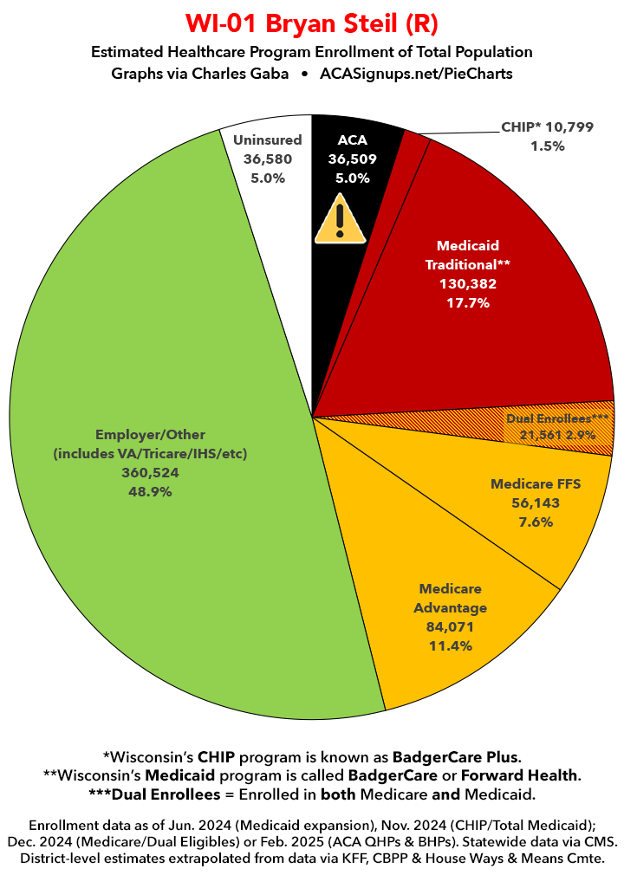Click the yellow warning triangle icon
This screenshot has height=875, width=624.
[341, 221]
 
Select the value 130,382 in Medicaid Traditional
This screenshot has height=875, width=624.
[468, 282]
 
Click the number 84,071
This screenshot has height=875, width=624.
[451, 626]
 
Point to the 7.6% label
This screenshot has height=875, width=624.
[534, 521]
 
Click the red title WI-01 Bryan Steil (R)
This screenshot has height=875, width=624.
[311, 21]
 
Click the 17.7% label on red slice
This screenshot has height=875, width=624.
[469, 302]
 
